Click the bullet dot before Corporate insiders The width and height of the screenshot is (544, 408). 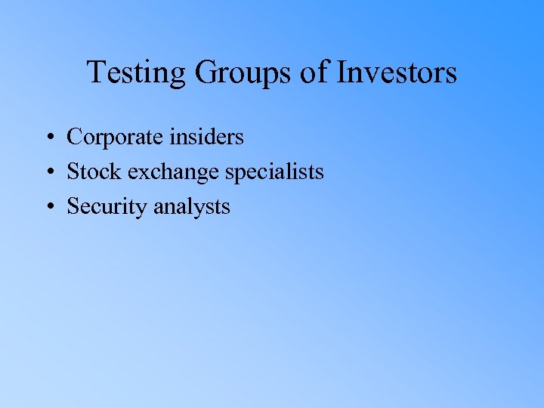pyautogui.click(x=48, y=138)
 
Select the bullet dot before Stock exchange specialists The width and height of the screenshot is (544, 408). pyautogui.click(x=48, y=173)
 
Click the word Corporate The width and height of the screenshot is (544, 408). pyautogui.click(x=113, y=138)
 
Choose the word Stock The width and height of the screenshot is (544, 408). pyautogui.click(x=94, y=172)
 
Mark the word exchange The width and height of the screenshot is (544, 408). pyautogui.click(x=175, y=172)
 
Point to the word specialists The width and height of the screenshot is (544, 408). pyautogui.click(x=276, y=172)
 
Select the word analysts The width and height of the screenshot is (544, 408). pyautogui.click(x=192, y=207)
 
